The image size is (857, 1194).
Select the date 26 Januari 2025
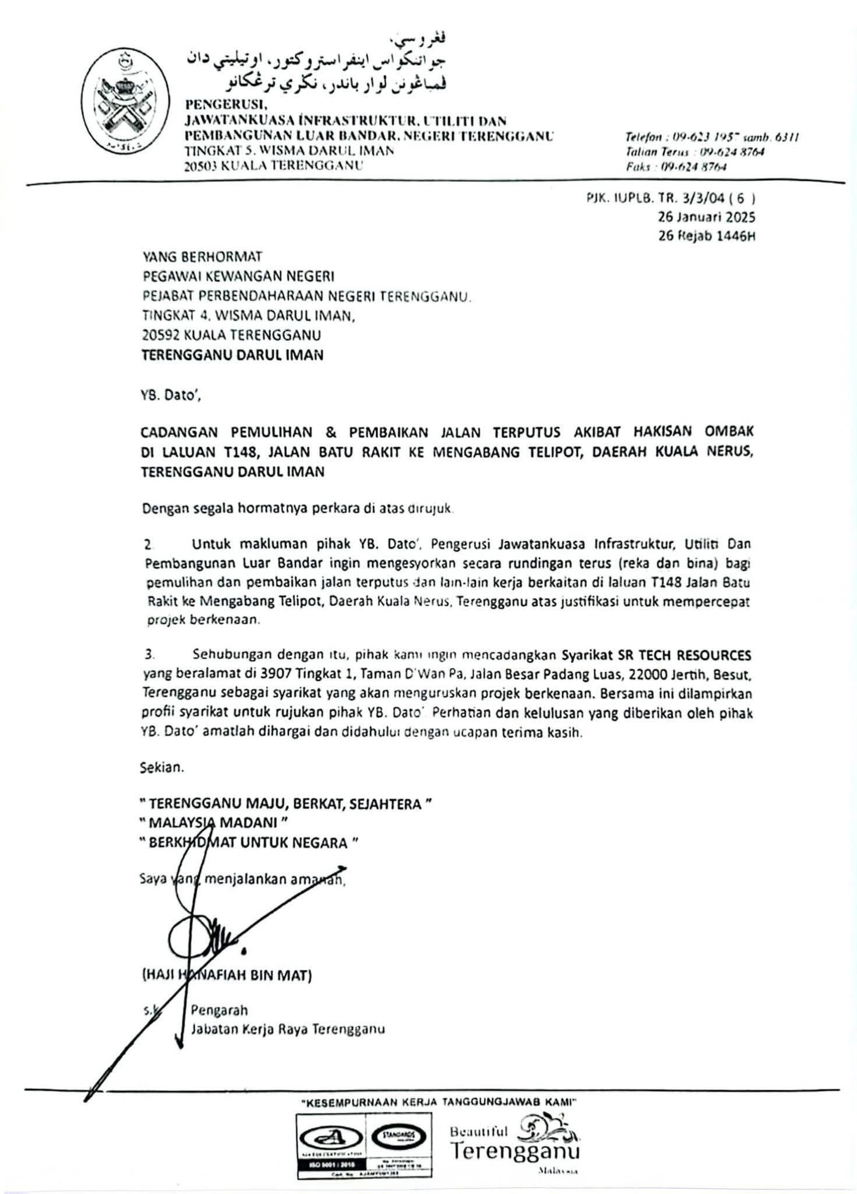(706, 217)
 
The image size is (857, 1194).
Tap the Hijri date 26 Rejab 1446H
(706, 236)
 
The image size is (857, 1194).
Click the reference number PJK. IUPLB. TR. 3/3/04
(664, 198)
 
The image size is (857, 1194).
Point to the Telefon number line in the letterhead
(711, 138)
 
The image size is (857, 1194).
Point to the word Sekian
(162, 768)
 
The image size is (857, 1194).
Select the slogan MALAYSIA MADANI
(214, 823)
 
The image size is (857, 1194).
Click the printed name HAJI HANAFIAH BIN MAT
(227, 975)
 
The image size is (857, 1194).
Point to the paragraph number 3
(149, 654)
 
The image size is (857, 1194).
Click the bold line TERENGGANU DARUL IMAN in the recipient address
(232, 354)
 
